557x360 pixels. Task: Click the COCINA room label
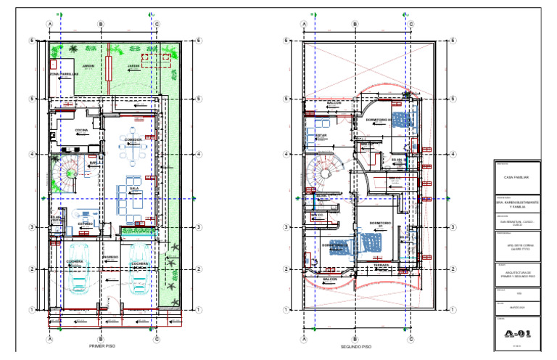pos(81,130)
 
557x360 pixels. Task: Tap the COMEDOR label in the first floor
pos(133,139)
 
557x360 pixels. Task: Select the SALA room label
pos(133,187)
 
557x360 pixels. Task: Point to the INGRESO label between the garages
pos(110,257)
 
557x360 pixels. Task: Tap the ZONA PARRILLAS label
pos(63,74)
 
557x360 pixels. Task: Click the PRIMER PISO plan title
pos(104,346)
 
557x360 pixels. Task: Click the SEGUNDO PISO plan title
pos(356,346)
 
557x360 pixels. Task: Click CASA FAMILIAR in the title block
pos(516,177)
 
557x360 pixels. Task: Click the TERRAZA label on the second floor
pos(382,266)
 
